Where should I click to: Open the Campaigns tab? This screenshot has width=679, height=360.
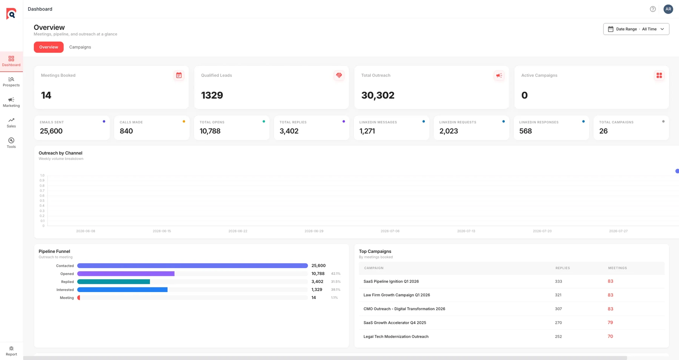click(80, 47)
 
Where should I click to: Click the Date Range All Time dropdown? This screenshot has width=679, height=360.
click(636, 29)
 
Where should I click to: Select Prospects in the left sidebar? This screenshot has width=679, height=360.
click(11, 82)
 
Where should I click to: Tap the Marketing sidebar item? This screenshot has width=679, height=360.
click(11, 102)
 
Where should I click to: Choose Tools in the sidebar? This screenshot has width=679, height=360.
click(11, 143)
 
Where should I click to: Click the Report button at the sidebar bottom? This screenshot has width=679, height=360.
click(11, 351)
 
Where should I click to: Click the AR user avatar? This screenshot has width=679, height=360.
click(668, 9)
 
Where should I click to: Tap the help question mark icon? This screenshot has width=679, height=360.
click(653, 9)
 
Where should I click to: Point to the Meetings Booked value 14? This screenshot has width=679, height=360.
click(46, 95)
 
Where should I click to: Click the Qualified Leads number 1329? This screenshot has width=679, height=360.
click(212, 95)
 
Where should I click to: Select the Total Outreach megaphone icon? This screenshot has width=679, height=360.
click(499, 75)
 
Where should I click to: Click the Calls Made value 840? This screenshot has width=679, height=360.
click(126, 131)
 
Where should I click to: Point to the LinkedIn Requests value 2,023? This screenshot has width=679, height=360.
click(449, 131)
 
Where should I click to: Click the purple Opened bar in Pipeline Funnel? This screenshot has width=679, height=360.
click(126, 274)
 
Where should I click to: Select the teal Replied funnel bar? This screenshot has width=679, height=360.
click(114, 282)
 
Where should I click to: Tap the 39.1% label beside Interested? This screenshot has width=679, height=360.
click(336, 290)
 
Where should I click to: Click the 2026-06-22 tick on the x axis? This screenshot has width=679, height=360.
click(238, 231)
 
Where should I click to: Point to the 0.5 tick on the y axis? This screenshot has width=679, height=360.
click(42, 200)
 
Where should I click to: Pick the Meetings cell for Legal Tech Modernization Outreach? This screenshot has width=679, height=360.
click(610, 336)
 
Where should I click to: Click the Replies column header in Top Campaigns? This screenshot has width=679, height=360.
click(562, 268)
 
